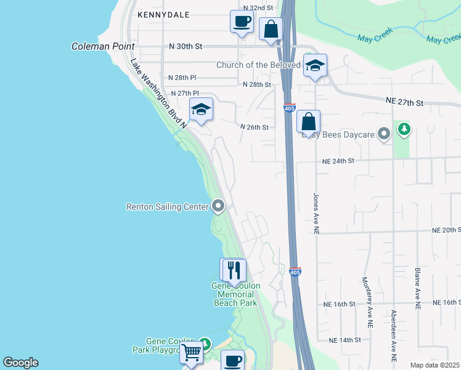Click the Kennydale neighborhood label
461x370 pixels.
(x=160, y=14)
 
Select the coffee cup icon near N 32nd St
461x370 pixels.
(x=242, y=22)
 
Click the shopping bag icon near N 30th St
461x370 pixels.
(x=271, y=29)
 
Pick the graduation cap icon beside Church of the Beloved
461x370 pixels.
(x=315, y=66)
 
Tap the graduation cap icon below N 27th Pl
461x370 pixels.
(x=201, y=110)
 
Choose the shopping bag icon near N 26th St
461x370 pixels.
(x=308, y=121)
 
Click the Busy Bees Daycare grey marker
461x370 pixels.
(x=385, y=133)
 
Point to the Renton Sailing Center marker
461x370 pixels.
(x=218, y=206)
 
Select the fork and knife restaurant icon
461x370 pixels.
(x=233, y=270)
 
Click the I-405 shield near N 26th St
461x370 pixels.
(x=290, y=108)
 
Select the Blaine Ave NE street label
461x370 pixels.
(x=417, y=287)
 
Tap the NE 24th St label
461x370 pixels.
(x=338, y=161)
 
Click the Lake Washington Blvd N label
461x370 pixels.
(x=158, y=92)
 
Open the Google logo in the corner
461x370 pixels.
(x=20, y=363)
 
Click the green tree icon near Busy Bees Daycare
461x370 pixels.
(x=404, y=129)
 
